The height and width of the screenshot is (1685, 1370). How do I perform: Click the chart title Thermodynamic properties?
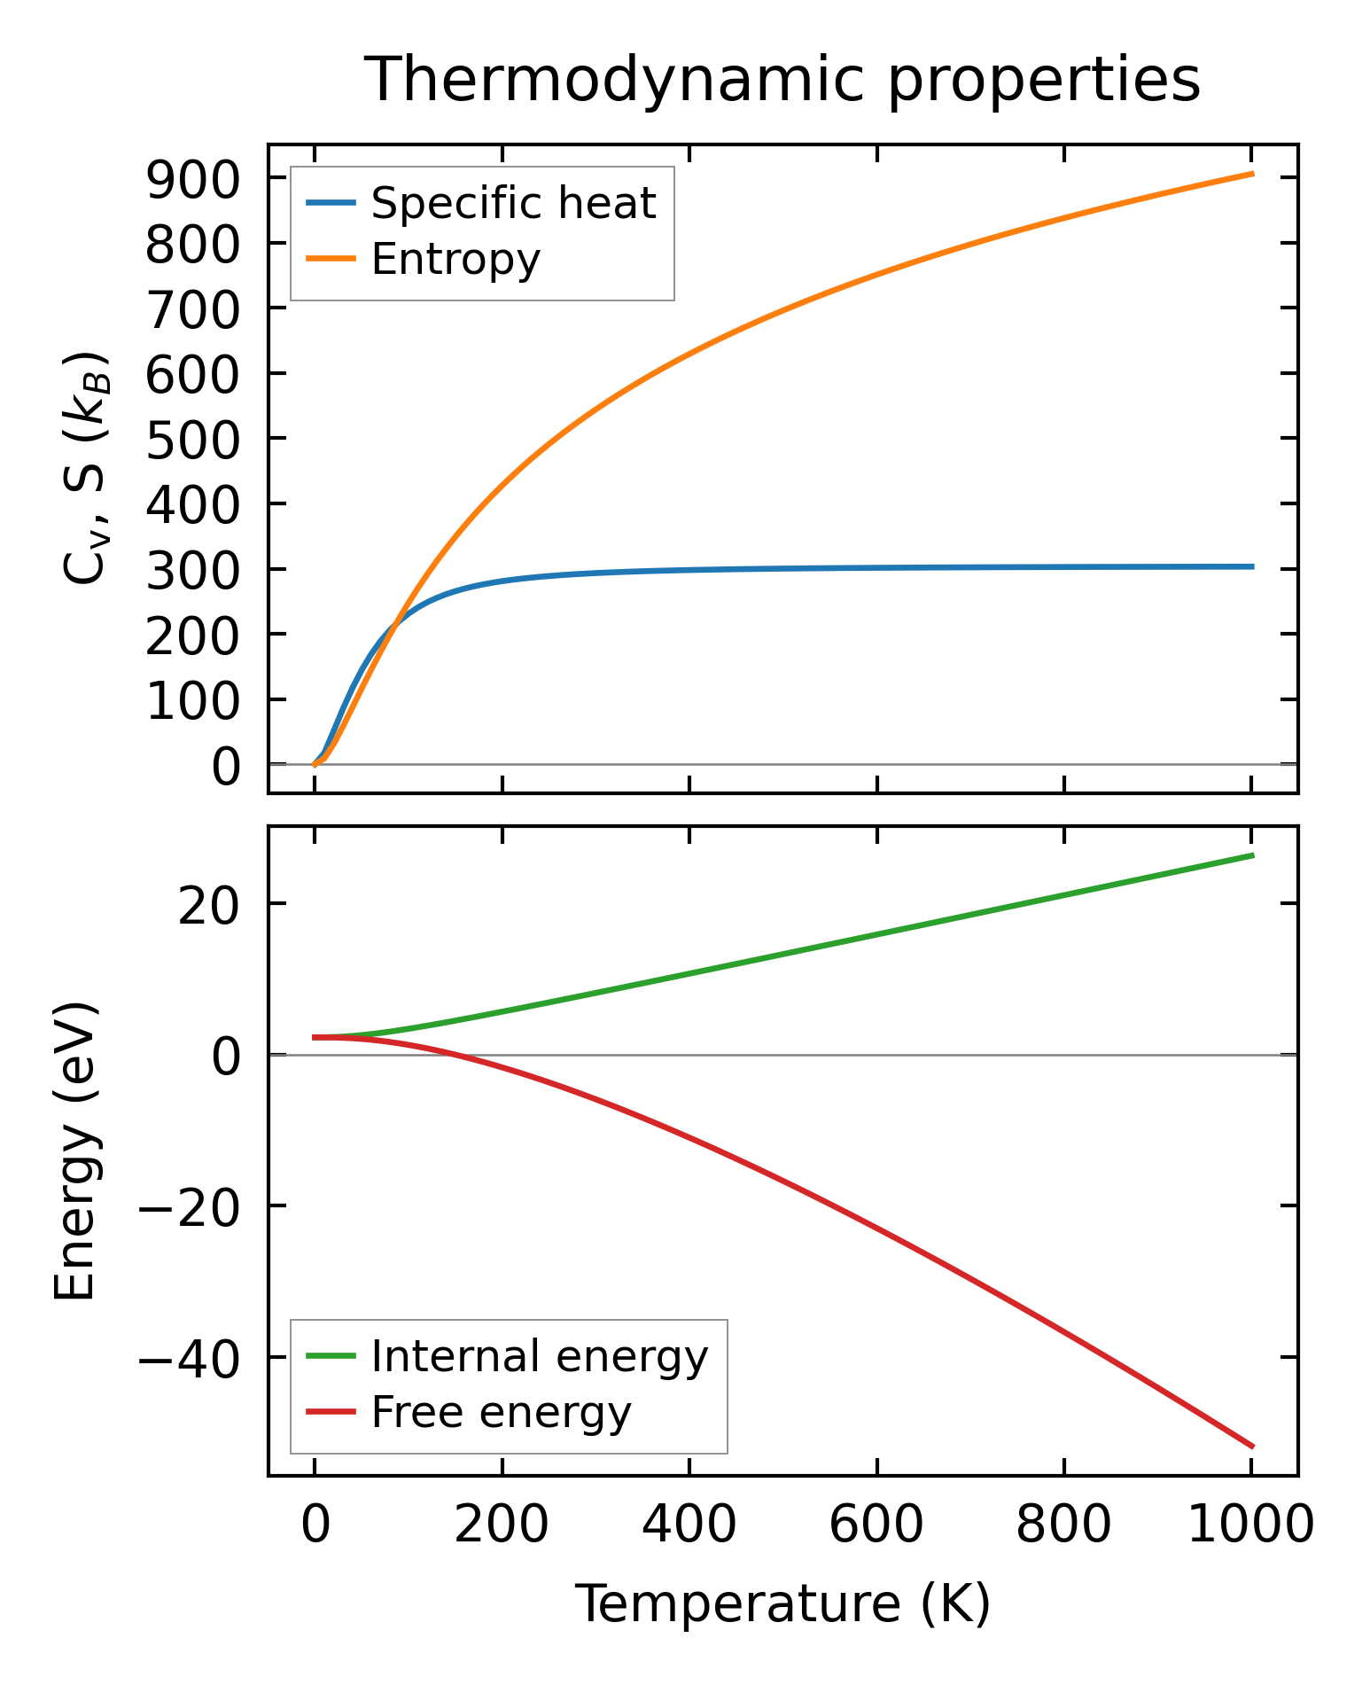point(782,80)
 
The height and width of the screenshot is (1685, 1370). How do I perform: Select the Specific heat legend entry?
point(512,204)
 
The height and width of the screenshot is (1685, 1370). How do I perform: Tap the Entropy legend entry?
point(455,260)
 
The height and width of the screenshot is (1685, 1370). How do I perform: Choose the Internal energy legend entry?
point(539,1356)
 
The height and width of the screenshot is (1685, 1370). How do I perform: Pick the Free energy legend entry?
point(501,1412)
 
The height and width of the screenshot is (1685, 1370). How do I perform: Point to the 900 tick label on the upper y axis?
point(192,180)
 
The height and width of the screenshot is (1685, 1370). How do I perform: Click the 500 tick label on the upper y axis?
point(192,440)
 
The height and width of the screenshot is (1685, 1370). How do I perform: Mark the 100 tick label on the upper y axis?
point(192,701)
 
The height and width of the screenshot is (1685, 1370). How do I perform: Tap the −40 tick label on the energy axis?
point(187,1359)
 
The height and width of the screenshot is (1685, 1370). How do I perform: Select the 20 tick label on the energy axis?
point(209,906)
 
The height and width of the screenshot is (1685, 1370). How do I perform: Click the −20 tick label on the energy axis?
point(187,1208)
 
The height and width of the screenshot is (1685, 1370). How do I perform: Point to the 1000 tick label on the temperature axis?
point(1249,1526)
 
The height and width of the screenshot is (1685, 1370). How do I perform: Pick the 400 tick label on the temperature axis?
point(689,1526)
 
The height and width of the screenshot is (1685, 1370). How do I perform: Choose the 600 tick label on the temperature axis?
point(876,1526)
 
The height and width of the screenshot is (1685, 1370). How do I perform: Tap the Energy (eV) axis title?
point(74,1151)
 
